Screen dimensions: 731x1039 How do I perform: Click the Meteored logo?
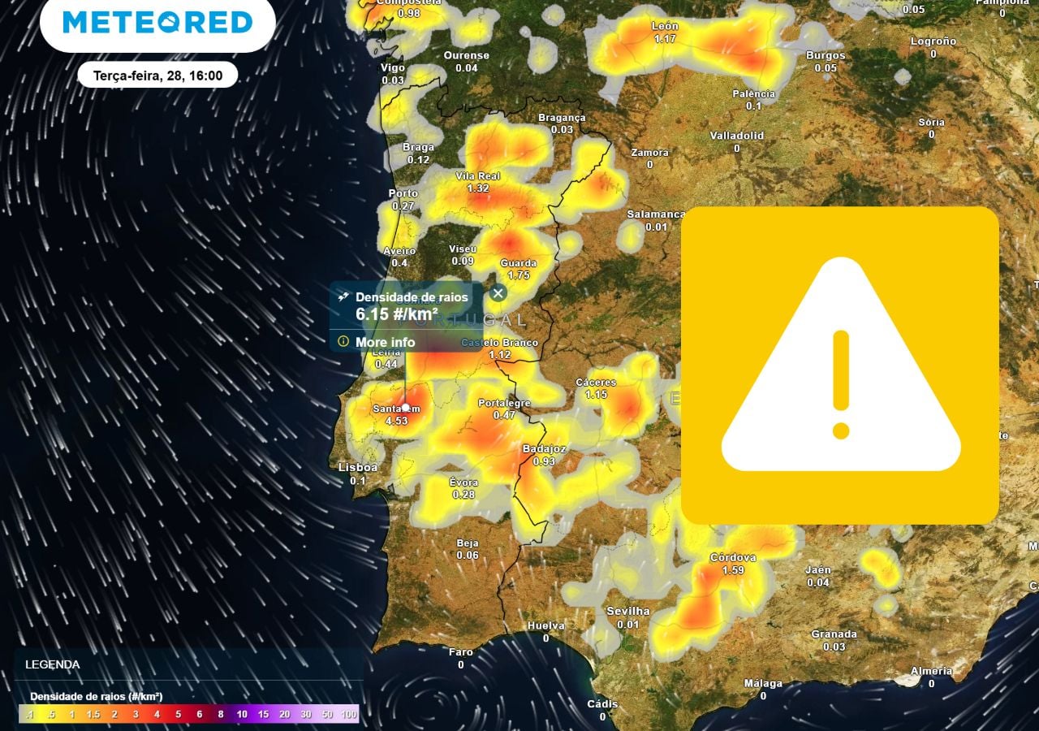click(157, 22)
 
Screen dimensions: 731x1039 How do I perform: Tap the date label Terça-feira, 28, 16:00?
click(158, 75)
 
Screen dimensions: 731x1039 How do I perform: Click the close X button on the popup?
click(498, 293)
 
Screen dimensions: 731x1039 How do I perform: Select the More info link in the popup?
click(385, 342)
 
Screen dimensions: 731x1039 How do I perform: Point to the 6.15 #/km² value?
click(397, 314)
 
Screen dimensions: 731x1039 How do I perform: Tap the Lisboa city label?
click(358, 467)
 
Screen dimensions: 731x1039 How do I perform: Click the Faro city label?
click(461, 651)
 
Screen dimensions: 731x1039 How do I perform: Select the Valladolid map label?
click(736, 135)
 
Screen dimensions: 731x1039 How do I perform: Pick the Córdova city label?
click(733, 557)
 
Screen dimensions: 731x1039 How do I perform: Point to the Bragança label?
click(562, 118)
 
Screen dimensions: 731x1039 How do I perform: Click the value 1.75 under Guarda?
click(518, 275)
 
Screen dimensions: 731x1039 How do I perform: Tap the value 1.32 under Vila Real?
click(478, 188)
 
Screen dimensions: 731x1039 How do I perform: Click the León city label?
click(665, 26)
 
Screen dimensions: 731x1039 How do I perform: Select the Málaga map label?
click(763, 683)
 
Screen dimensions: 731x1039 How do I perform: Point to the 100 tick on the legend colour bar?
click(349, 714)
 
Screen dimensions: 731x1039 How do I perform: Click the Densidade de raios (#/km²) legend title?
click(96, 696)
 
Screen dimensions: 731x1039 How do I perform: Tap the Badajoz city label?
click(544, 448)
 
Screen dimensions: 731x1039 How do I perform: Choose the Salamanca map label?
click(656, 214)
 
